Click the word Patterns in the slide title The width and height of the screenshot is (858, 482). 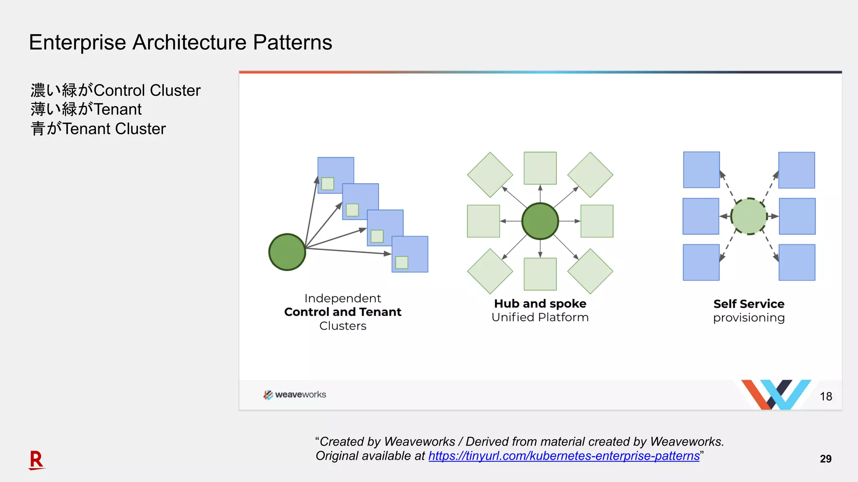[292, 43]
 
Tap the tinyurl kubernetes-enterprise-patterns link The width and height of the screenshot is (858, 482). [563, 456]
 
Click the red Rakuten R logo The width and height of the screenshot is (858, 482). [36, 460]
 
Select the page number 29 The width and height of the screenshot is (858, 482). [825, 459]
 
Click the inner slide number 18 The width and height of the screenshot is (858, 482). [826, 396]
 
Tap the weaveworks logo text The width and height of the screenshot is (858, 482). [300, 395]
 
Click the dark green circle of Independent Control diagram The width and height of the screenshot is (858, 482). [287, 252]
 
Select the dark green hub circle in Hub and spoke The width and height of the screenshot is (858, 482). [540, 221]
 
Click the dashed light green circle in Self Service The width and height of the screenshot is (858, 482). [749, 216]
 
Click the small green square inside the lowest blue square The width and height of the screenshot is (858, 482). [401, 262]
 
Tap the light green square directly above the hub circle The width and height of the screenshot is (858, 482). [540, 168]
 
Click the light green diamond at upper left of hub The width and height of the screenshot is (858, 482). [490, 174]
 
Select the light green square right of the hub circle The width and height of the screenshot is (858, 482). [597, 221]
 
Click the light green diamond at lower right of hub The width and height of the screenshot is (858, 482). [590, 271]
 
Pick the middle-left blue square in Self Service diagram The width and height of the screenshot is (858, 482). [700, 216]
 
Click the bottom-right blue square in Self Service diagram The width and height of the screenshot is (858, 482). [796, 262]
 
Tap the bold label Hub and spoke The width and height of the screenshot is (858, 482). [540, 303]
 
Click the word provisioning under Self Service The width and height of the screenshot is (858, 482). [749, 318]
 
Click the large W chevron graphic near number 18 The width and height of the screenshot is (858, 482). [776, 394]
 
